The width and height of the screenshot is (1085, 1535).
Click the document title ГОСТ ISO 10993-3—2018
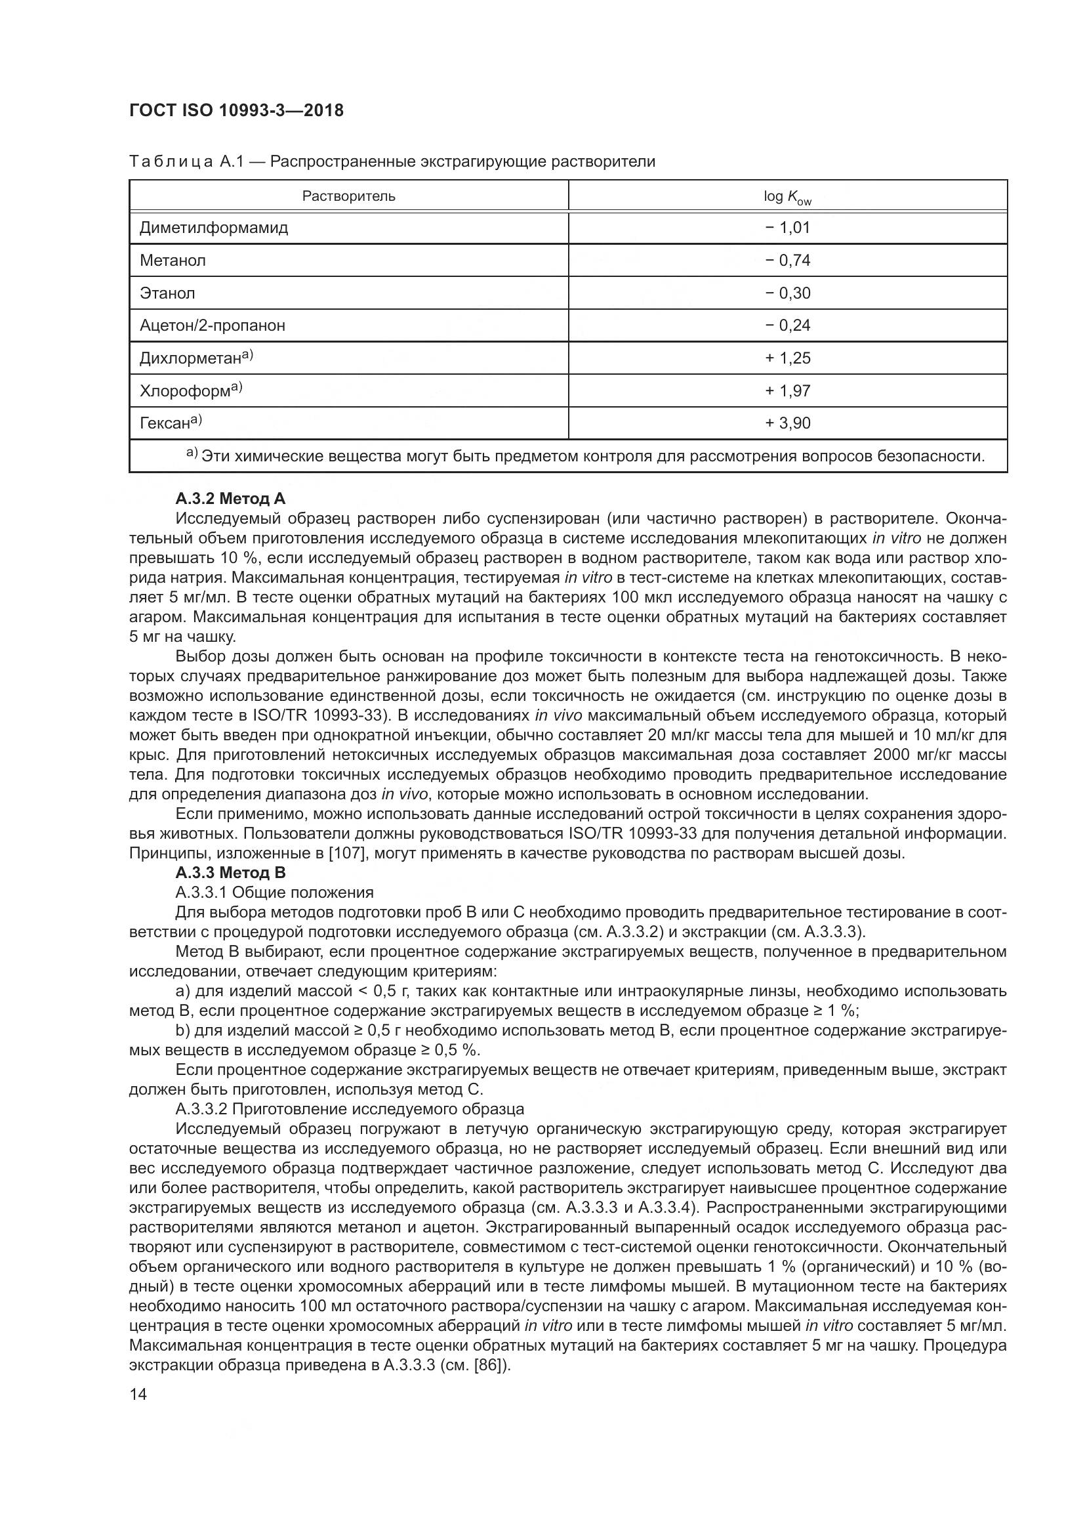pos(236,110)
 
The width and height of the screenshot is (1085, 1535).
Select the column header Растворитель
pos(348,196)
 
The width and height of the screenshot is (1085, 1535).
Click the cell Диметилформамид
pos(214,227)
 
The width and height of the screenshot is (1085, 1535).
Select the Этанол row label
pos(167,293)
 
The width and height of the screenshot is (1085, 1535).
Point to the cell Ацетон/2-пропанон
pos(212,326)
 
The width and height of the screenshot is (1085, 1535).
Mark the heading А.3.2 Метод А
pos(230,498)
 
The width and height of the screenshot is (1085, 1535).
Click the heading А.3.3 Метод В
pos(230,872)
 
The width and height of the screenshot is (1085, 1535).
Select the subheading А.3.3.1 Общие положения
pos(274,893)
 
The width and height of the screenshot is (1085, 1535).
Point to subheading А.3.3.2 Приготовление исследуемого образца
pos(350,1109)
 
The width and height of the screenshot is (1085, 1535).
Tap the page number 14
pos(138,1395)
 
